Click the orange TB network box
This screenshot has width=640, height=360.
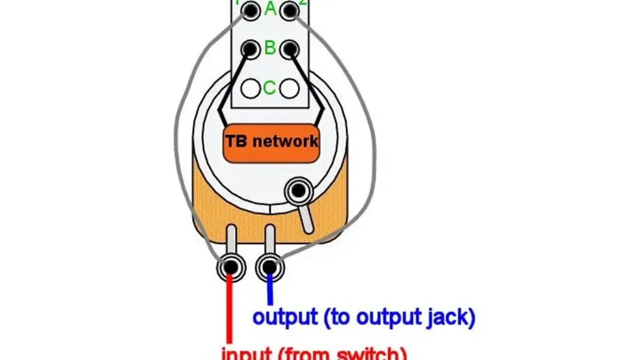point(271,142)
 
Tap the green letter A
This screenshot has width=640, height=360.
point(270,9)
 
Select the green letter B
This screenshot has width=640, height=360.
point(270,48)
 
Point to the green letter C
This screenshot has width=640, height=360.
point(270,88)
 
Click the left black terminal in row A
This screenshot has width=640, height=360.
point(250,10)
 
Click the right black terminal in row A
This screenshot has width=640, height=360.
point(290,10)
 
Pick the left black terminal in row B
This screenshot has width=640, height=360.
point(250,49)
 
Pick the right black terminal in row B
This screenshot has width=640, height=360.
point(290,49)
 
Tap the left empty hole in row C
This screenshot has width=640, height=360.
point(250,88)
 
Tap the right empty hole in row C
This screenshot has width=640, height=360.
point(289,88)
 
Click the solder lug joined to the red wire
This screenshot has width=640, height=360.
point(230,267)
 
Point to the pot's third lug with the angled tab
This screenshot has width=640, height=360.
point(297,191)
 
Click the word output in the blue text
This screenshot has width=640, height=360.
point(284,317)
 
